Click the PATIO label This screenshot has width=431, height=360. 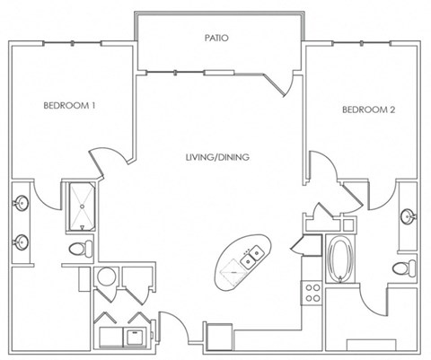(x=216, y=38)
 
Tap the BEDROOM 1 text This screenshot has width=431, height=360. (x=69, y=105)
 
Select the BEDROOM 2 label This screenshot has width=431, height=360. (x=368, y=110)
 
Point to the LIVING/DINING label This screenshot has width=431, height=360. (x=217, y=157)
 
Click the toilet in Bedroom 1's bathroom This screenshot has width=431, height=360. (x=81, y=248)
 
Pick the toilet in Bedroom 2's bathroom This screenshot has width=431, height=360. (x=404, y=268)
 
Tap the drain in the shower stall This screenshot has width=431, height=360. (x=82, y=206)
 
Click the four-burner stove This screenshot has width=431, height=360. (x=312, y=293)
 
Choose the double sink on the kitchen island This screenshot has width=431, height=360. (x=252, y=257)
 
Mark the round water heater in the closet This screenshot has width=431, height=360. (x=107, y=277)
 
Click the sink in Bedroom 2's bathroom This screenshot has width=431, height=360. (x=408, y=216)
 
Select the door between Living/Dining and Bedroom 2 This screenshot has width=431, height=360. (x=324, y=165)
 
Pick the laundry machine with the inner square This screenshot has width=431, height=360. (x=135, y=338)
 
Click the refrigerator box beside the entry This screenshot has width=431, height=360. (x=219, y=337)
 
